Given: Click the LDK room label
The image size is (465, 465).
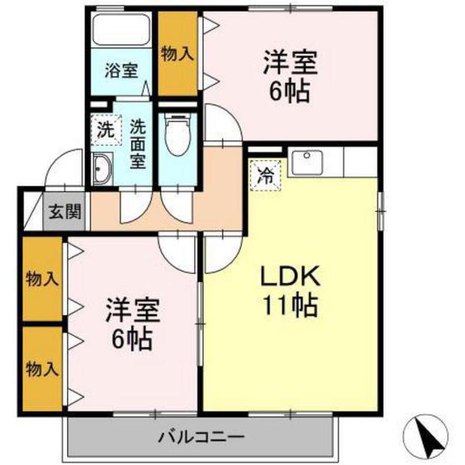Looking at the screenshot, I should pyautogui.click(x=290, y=276).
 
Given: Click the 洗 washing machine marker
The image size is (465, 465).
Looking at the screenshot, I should pyautogui.click(x=106, y=129).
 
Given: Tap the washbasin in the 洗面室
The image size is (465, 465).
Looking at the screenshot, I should pyautogui.click(x=102, y=169).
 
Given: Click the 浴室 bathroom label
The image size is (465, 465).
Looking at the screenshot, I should pyautogui.click(x=121, y=71).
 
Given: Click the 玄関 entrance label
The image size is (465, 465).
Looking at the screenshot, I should pyautogui.click(x=65, y=212).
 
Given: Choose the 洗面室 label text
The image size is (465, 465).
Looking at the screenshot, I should pyautogui.click(x=139, y=144).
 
